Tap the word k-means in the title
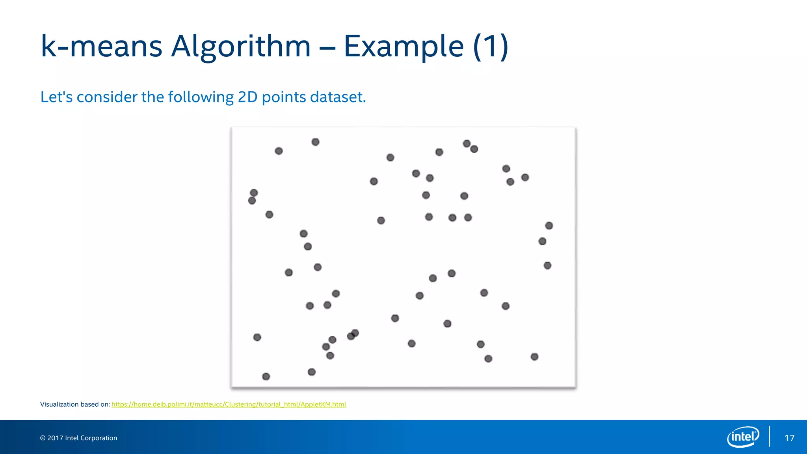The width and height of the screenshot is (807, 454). [x=101, y=47]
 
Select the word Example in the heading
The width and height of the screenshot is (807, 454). [x=403, y=47]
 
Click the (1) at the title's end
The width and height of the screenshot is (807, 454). [x=491, y=47]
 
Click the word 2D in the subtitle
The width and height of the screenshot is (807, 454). [x=247, y=97]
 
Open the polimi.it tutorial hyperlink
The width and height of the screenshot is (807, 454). [x=229, y=404]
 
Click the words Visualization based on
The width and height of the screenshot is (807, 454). [x=75, y=404]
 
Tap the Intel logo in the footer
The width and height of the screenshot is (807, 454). [x=743, y=437]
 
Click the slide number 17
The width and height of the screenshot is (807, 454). [x=789, y=438]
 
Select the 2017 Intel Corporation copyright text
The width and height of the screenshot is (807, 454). [x=78, y=438]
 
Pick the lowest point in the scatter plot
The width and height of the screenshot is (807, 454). [x=266, y=377]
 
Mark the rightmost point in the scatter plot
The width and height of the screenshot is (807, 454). [x=549, y=225]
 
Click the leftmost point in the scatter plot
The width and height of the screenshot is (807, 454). [x=252, y=201]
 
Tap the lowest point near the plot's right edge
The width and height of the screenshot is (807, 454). [x=534, y=357]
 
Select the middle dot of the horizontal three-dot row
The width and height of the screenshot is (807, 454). [x=452, y=218]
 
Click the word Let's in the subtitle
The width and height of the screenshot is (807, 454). [x=56, y=97]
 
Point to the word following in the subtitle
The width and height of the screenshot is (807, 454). [x=201, y=97]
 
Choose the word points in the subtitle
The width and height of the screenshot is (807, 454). [x=284, y=97]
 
